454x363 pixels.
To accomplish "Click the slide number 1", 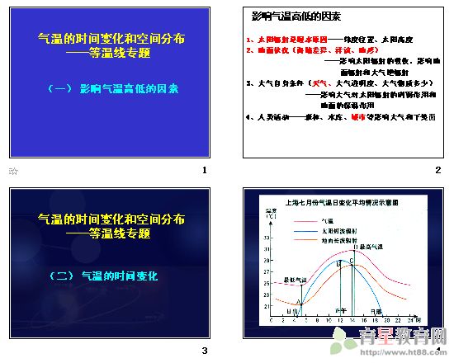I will [x=204, y=171].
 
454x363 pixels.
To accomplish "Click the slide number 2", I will [x=437, y=171].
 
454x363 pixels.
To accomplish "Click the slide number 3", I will [x=204, y=351].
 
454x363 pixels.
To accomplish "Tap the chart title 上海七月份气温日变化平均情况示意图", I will [x=333, y=200].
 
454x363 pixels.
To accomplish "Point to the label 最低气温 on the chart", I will [x=295, y=280].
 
